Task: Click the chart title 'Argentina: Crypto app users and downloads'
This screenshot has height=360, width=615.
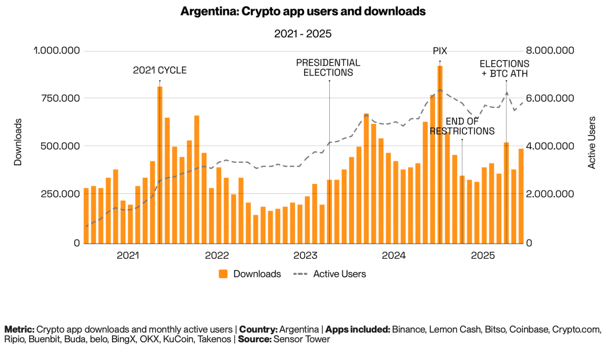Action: [303, 11]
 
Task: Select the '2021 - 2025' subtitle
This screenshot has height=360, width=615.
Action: [303, 34]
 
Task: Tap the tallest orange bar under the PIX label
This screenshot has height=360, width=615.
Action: [440, 154]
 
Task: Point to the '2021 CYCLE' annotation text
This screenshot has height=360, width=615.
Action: [160, 71]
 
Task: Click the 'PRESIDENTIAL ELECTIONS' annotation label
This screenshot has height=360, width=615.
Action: [328, 67]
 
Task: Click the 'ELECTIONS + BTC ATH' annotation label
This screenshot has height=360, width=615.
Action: [504, 69]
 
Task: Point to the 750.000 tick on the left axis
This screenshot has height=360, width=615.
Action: [57, 98]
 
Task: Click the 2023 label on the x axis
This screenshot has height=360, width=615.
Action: [305, 255]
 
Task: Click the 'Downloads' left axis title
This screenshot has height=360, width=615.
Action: [18, 142]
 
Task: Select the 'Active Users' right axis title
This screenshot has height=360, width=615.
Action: [592, 142]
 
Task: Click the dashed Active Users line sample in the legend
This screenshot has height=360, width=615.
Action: [301, 274]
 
